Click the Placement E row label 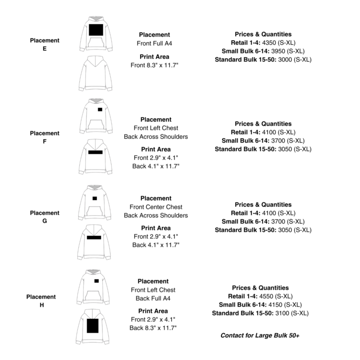[45, 45]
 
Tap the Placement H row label [41, 301]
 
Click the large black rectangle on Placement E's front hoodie [96, 30]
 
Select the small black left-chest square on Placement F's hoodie [100, 109]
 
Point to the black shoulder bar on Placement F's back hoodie [95, 152]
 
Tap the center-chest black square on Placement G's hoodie [95, 198]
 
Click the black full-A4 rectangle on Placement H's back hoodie [93, 325]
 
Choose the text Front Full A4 [154, 43]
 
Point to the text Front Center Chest [156, 207]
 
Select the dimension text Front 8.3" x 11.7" [154, 65]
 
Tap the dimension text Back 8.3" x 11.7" [153, 328]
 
